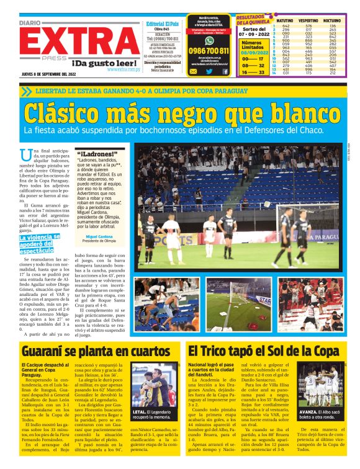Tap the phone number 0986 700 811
tap(209, 51)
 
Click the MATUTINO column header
tap(286, 20)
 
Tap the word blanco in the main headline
tap(292, 114)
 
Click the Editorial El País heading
tap(162, 24)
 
